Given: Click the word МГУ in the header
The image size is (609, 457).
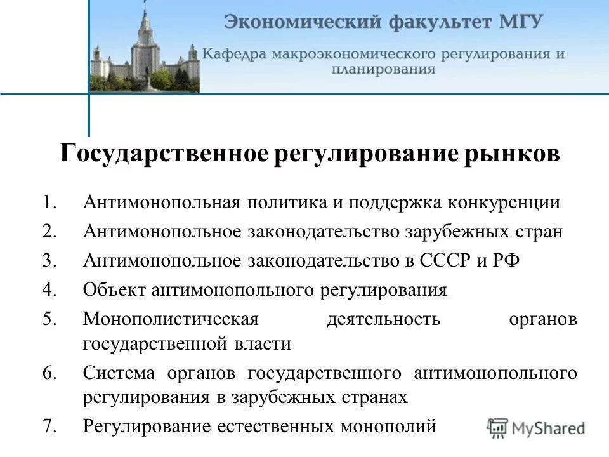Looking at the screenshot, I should pyautogui.click(x=523, y=22).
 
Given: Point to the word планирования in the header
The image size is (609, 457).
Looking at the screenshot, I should pyautogui.click(x=383, y=69).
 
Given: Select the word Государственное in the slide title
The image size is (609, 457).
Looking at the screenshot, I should pyautogui.click(x=164, y=155).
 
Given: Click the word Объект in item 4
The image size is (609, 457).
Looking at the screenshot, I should pyautogui.click(x=114, y=290).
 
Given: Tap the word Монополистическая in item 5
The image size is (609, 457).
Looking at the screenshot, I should pyautogui.click(x=171, y=319).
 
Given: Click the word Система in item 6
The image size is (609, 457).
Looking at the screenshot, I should pyautogui.click(x=121, y=373).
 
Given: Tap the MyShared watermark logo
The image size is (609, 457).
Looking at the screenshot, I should pyautogui.click(x=537, y=427).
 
